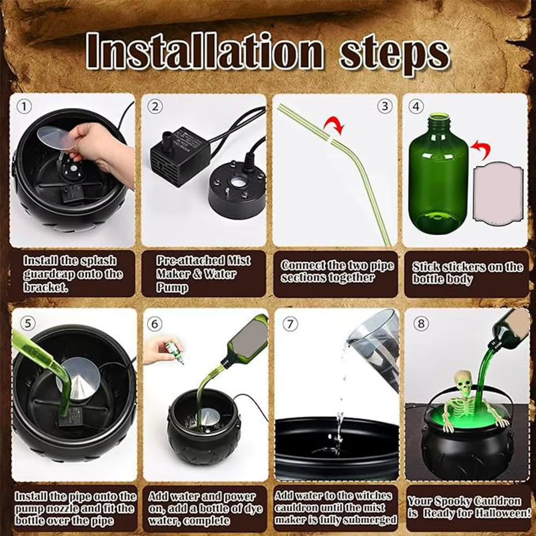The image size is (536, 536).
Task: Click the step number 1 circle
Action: (23, 107)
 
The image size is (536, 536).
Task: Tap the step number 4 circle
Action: (416, 107)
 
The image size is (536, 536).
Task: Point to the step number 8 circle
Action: (422, 325)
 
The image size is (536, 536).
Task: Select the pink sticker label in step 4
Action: (498, 193)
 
